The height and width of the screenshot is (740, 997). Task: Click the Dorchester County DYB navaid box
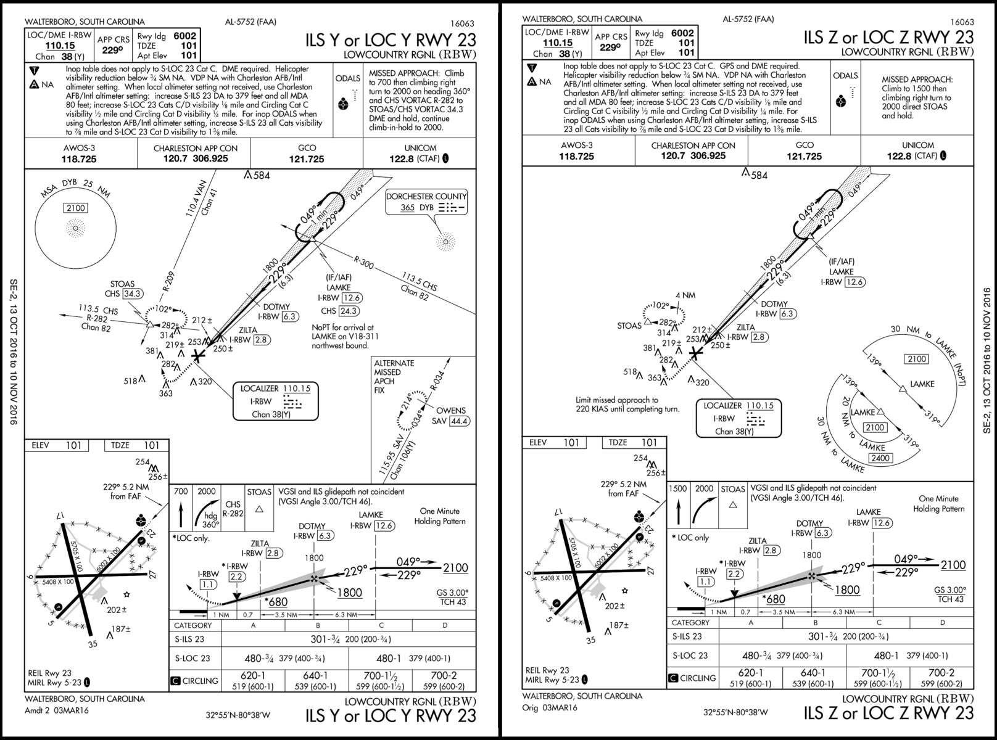tap(426, 202)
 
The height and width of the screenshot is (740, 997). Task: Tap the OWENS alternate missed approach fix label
tap(450, 411)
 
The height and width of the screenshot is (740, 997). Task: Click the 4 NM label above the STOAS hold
tap(685, 295)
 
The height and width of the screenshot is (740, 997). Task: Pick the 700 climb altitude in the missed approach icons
tap(181, 491)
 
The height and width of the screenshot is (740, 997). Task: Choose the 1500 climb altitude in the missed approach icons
tap(678, 488)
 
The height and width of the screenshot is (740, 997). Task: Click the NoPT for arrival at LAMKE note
tap(342, 337)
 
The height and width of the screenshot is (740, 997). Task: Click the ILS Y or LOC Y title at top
tap(391, 40)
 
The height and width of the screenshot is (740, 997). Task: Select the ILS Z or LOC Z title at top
tap(888, 37)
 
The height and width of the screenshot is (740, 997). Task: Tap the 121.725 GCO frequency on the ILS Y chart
tap(307, 159)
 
